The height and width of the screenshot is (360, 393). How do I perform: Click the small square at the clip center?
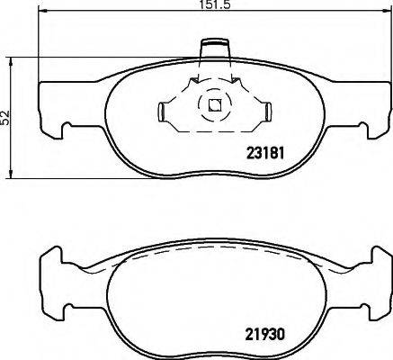click(214, 103)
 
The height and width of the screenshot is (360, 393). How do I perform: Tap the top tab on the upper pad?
click(214, 45)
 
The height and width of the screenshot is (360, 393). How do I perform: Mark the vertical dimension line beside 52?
click(11, 81)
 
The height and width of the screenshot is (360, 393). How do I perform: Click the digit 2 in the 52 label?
click(6, 112)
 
